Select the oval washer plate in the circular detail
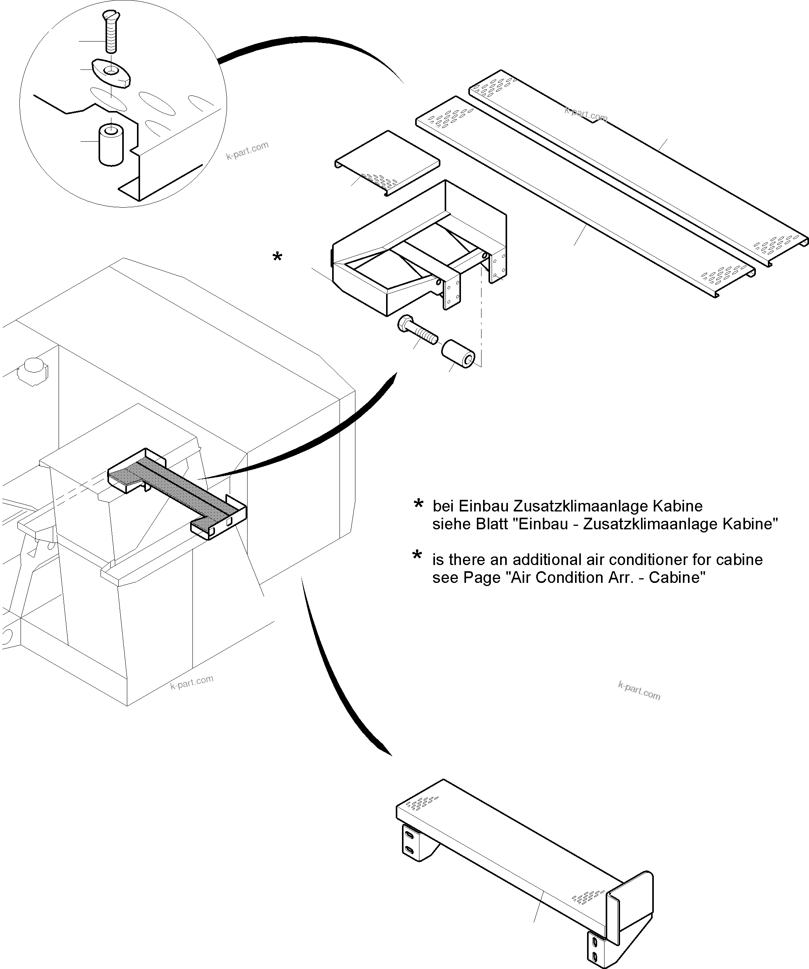(x=112, y=73)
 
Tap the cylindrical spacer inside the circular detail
(x=111, y=144)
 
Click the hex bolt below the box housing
(x=416, y=329)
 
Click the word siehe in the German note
(x=449, y=524)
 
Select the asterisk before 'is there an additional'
(x=417, y=556)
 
